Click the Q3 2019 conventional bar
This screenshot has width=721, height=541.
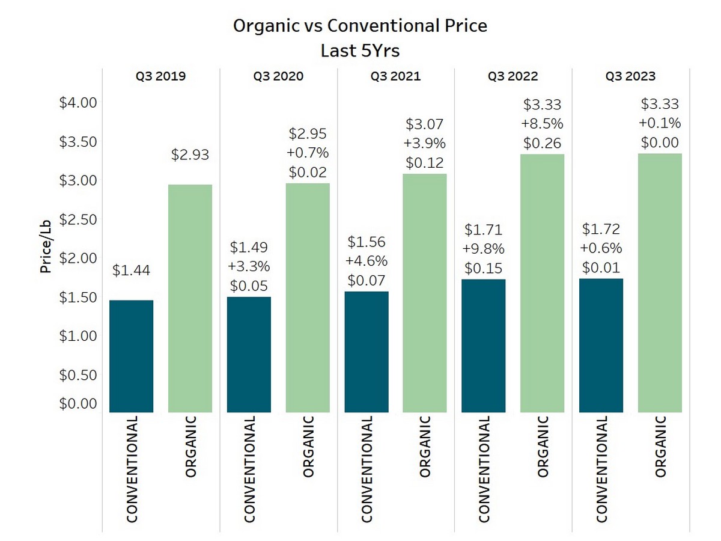tap(132, 356)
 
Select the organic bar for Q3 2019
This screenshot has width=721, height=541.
tap(190, 298)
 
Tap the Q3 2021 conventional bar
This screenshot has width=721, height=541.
tap(367, 352)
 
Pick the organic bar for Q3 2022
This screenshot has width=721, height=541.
tap(542, 283)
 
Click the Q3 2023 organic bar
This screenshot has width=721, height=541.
tap(660, 283)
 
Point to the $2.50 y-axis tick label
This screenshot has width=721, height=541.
tap(78, 219)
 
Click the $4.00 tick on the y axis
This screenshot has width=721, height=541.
tap(78, 103)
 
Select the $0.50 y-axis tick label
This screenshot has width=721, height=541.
tap(78, 375)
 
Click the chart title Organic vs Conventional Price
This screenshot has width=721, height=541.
tap(360, 26)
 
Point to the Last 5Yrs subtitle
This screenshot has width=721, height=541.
tap(360, 50)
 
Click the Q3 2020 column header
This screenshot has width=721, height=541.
tap(278, 76)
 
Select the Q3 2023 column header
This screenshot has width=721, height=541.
tap(630, 76)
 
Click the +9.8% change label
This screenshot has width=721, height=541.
tap(484, 249)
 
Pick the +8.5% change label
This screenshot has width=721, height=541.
tap(542, 124)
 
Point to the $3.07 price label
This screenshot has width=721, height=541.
tap(425, 125)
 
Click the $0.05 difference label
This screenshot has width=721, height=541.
tap(249, 286)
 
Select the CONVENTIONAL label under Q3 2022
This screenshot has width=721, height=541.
tap(484, 469)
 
